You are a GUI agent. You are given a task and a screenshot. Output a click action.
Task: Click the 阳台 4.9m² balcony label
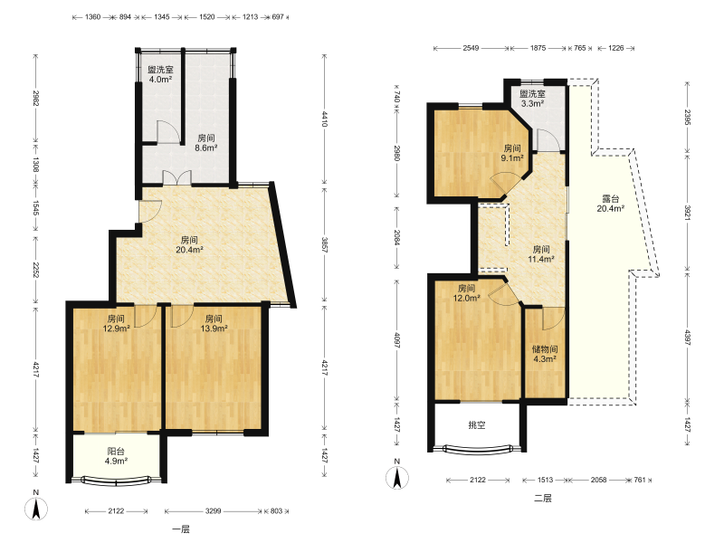click(116, 456)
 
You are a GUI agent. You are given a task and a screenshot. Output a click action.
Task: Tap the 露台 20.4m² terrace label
click(610, 204)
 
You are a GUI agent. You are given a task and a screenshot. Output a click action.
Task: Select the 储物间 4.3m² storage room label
click(545, 354)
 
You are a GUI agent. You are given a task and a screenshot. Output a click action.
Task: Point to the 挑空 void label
click(477, 425)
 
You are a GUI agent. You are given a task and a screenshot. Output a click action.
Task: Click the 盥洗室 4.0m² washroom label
click(160, 74)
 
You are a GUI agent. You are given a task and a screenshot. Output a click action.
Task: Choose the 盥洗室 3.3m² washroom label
click(532, 99)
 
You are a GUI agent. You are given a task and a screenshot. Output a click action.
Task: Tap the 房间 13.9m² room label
click(214, 323)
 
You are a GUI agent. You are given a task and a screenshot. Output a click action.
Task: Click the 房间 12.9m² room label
click(116, 323)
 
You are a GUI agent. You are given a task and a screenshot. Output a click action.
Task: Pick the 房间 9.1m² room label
click(512, 153)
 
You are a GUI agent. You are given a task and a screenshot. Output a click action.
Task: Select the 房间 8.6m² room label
click(206, 143)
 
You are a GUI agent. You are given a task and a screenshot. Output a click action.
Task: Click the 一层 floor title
click(181, 529)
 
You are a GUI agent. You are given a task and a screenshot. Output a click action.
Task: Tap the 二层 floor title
click(543, 499)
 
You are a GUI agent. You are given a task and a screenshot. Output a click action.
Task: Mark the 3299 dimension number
click(214, 511)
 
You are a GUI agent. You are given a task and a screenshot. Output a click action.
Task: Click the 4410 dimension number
click(325, 119)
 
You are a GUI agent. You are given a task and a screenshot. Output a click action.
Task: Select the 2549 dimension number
click(471, 48)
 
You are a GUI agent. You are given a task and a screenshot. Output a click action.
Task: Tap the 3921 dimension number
click(688, 213)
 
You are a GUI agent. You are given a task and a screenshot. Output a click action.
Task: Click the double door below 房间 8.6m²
click(177, 178)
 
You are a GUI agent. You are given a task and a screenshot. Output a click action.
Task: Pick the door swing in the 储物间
click(554, 319)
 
